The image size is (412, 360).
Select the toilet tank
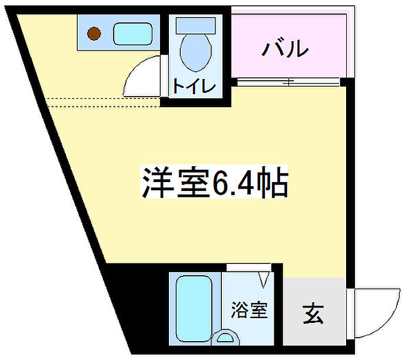(195, 25)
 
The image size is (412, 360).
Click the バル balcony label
(285, 48)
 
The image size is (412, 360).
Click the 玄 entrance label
(313, 313)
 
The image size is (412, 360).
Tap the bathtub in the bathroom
(194, 309)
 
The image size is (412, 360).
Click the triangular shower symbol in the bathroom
(264, 276)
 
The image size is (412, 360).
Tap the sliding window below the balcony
(288, 81)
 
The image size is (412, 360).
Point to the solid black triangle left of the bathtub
(132, 295)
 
